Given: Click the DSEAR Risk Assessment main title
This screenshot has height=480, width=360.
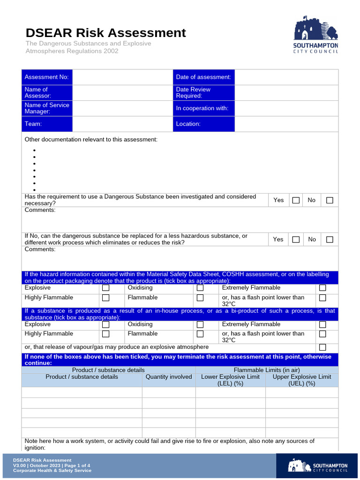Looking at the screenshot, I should (105, 33).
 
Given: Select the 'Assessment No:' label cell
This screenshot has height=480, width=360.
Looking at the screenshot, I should (47, 77).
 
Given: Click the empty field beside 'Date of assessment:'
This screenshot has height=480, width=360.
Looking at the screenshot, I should (286, 77).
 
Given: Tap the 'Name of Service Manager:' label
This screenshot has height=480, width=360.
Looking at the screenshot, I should (47, 108).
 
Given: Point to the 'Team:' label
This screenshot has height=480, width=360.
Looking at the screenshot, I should (47, 124).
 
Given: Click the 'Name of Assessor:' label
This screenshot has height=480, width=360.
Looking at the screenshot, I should (47, 93).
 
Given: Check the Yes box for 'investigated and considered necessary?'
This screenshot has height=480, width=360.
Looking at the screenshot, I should (296, 200).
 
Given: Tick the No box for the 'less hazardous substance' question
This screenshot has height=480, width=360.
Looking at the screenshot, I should (330, 240).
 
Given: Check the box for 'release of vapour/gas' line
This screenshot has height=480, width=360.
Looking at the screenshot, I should (322, 347).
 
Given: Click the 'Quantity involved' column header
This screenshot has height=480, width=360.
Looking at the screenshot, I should (169, 377).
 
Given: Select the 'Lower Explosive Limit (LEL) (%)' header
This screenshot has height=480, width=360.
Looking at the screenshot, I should (230, 380).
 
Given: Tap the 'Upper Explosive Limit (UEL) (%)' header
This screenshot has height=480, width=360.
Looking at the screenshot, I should (302, 380).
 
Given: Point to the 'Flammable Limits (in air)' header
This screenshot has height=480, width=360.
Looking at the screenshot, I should (267, 370).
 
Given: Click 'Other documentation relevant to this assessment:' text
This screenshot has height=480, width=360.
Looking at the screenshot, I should (91, 140).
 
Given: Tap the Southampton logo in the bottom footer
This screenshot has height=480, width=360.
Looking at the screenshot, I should (318, 465).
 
